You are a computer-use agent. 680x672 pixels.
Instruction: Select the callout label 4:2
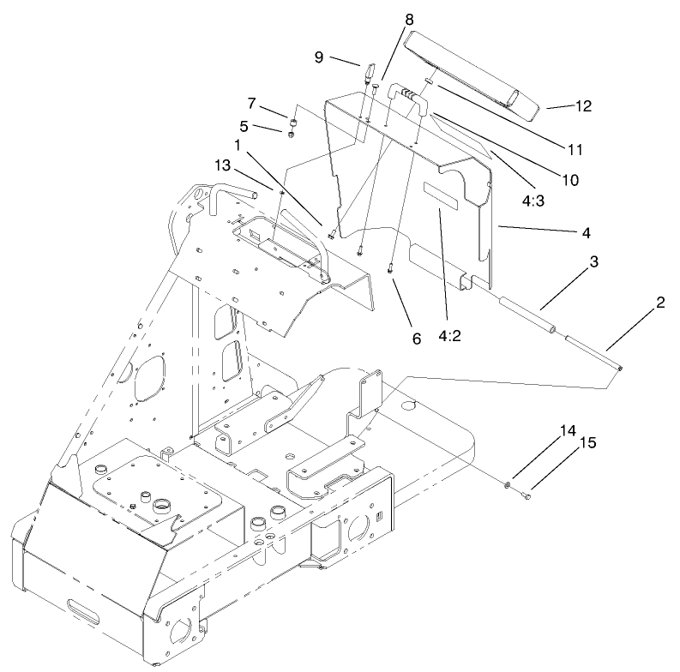450,336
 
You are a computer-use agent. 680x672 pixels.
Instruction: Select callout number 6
416,338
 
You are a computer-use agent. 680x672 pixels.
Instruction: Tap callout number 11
575,149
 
